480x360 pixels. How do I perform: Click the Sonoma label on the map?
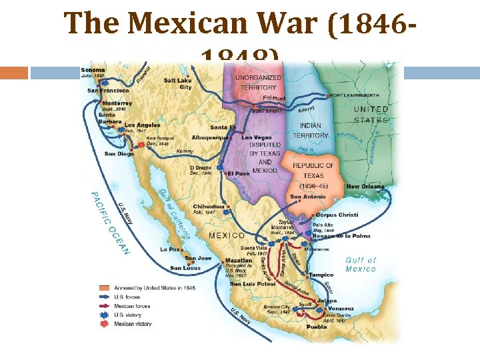coord(93,69)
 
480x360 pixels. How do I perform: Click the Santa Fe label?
coord(223,127)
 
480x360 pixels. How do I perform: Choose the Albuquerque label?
coord(210,137)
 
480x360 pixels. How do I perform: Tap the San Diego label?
coord(119,153)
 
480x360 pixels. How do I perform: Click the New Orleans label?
coord(365,187)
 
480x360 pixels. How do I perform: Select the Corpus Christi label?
coord(337,215)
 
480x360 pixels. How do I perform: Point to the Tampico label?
coord(321,275)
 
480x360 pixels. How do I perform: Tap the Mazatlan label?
coord(239,260)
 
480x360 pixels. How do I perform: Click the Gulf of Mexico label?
coord(361,264)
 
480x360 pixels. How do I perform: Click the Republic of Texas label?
coord(313,169)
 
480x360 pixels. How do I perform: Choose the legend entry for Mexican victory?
coord(133,324)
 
